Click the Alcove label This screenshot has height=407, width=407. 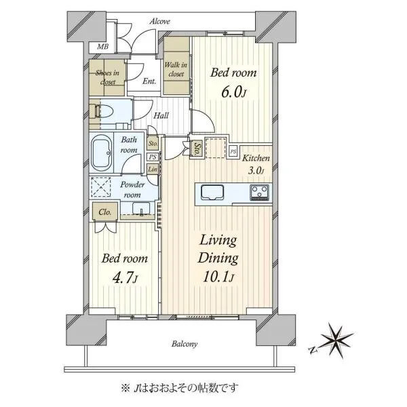coord(160,21)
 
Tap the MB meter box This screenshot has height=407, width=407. coord(102,47)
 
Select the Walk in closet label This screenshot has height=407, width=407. coord(176,69)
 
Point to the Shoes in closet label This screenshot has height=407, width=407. coord(107,77)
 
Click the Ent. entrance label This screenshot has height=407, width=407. coord(149,81)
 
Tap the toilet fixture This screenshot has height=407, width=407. coord(102,112)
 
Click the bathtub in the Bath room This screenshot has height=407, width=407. coord(102,153)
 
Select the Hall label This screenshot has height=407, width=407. coord(161,115)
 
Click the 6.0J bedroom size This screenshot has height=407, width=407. coord(233,93)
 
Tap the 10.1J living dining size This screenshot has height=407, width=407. coord(218,277)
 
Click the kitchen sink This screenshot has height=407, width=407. coord(212,193)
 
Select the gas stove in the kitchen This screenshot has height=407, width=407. coord(259,193)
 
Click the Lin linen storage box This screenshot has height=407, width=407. coord(153,169)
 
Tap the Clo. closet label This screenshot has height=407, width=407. coord(105,212)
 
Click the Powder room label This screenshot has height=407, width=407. coord(132,190)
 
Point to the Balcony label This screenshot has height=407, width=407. coord(185,344)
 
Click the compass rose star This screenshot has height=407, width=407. coord(337,340)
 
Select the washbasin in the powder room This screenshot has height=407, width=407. coord(141,208)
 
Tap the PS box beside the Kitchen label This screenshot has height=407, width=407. coord(233,151)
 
